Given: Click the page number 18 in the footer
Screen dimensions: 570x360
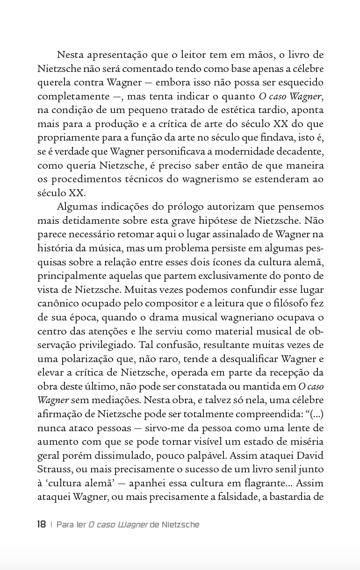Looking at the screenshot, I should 41,525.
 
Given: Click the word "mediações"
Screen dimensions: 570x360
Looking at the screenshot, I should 106,400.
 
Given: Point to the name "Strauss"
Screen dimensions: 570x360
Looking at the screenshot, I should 52,470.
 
